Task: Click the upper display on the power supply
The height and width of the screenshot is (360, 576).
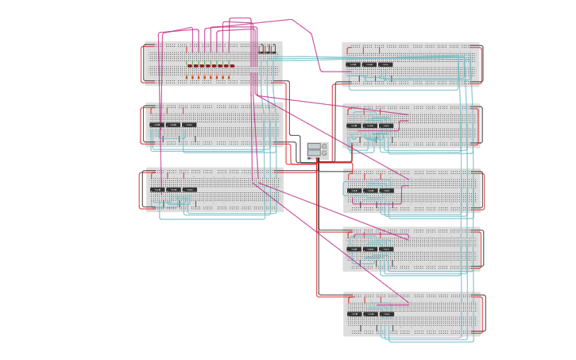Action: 314,147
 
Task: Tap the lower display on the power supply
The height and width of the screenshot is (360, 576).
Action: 314,154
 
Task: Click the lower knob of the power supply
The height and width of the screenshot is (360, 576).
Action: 323,154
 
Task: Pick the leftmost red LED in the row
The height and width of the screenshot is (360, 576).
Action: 189,66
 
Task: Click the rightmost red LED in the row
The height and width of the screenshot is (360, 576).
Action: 232,66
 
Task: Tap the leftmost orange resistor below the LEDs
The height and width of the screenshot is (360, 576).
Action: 187,77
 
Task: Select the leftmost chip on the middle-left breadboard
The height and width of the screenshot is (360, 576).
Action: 157,125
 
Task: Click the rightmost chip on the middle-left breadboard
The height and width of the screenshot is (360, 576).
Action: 189,125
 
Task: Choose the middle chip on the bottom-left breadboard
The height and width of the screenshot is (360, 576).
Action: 173,190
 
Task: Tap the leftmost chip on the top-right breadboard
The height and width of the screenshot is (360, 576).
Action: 353,64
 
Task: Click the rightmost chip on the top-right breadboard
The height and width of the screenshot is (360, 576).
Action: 385,64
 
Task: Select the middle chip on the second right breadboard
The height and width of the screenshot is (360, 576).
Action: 369,126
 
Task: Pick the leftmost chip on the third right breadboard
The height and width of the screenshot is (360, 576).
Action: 354,191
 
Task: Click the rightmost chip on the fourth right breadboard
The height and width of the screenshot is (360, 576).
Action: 386,249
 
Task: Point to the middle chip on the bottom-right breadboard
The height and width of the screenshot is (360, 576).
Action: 370,314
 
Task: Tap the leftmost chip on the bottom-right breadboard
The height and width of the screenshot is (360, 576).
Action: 354,314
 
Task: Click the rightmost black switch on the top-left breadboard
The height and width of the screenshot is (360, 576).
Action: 273,49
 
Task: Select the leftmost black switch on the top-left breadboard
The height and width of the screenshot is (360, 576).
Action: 261,49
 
